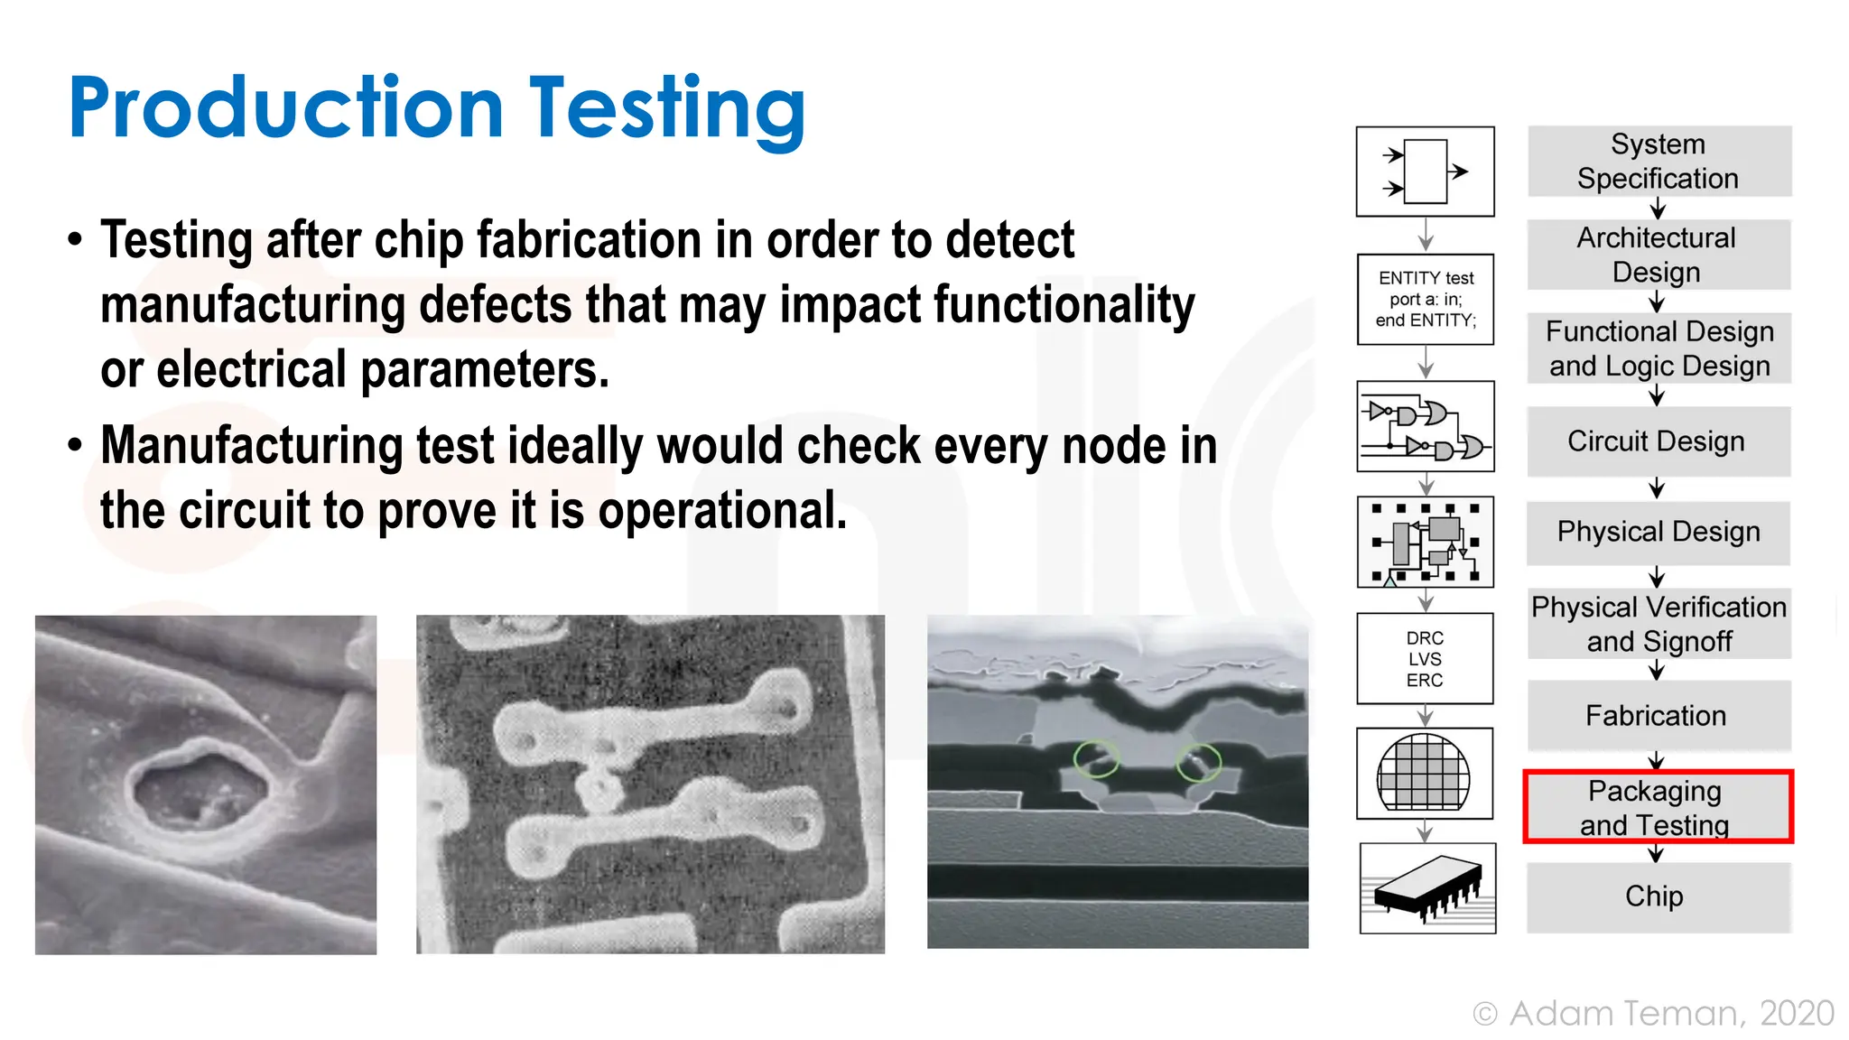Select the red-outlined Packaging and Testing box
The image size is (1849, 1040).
pyautogui.click(x=1657, y=807)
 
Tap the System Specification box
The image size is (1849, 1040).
pyautogui.click(x=1659, y=162)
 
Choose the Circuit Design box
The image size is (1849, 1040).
pyautogui.click(x=1657, y=441)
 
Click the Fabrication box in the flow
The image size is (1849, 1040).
pyautogui.click(x=1657, y=716)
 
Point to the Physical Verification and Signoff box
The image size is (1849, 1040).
pyautogui.click(x=1659, y=624)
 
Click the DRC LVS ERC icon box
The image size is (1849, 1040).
pyautogui.click(x=1425, y=659)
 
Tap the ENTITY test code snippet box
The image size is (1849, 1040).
pyautogui.click(x=1426, y=300)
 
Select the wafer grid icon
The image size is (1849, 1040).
pyautogui.click(x=1424, y=774)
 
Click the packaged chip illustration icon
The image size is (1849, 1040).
pyautogui.click(x=1427, y=888)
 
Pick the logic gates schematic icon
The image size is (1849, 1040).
pyautogui.click(x=1426, y=427)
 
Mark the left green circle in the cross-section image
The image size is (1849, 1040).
pyautogui.click(x=1096, y=759)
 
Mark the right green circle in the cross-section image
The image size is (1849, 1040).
pyautogui.click(x=1198, y=763)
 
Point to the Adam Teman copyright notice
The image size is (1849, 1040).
pyautogui.click(x=1653, y=1014)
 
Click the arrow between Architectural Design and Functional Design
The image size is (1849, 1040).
pyautogui.click(x=1657, y=302)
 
